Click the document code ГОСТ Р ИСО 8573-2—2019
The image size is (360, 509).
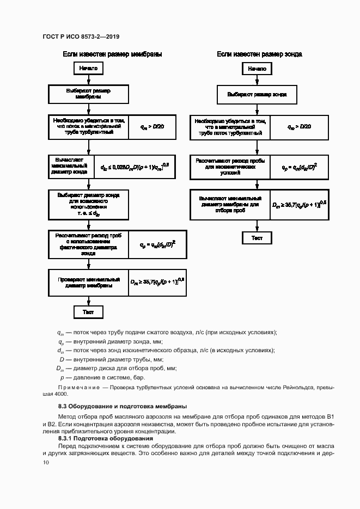click(81, 36)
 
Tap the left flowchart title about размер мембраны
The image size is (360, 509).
click(113, 54)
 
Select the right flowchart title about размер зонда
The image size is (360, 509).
click(260, 54)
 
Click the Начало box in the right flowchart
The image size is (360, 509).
click(257, 69)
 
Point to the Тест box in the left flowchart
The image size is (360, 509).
click(88, 312)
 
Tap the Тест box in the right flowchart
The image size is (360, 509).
click(257, 238)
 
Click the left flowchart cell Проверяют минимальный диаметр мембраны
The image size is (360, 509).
click(88, 281)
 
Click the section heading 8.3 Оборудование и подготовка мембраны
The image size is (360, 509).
click(123, 406)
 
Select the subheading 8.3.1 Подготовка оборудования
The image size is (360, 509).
click(106, 438)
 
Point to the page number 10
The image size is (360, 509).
click(45, 462)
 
